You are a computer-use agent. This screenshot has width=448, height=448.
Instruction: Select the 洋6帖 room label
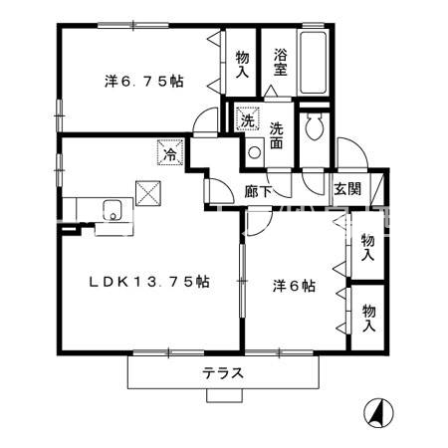click(295, 286)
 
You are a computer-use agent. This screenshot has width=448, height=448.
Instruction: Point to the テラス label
click(224, 374)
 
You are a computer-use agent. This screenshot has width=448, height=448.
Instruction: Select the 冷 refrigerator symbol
click(170, 153)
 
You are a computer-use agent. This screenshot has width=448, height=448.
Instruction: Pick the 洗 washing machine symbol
click(247, 121)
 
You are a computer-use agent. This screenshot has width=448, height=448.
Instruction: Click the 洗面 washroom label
click(279, 134)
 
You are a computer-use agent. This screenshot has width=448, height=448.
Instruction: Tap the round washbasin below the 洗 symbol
click(254, 152)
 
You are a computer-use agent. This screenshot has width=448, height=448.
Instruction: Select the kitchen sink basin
click(111, 208)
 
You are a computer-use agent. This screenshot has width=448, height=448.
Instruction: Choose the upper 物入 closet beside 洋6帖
click(367, 247)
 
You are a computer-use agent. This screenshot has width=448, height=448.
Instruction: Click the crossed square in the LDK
click(149, 191)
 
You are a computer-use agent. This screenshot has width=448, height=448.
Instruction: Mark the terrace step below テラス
click(226, 394)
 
